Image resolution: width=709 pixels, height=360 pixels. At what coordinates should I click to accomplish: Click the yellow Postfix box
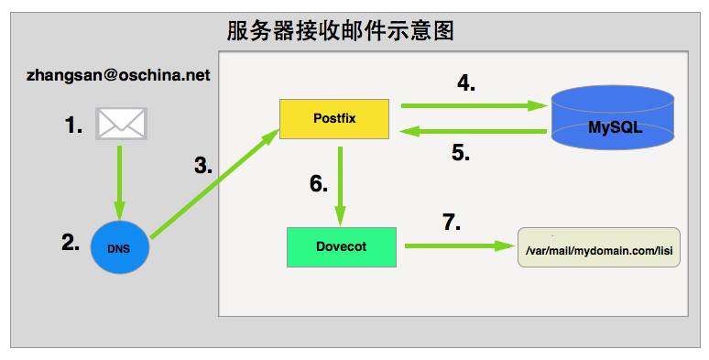(x=334, y=120)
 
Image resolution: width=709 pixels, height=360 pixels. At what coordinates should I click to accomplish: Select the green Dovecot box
(x=341, y=246)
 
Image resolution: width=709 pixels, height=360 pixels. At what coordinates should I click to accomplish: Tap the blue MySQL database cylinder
(x=614, y=119)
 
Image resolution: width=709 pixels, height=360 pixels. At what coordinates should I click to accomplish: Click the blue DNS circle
(x=120, y=248)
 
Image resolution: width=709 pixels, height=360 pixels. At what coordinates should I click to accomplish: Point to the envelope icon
(x=122, y=124)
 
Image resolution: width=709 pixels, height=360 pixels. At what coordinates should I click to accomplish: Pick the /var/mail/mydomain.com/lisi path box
(x=599, y=247)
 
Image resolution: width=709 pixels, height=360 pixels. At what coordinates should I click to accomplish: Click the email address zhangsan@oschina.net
(x=119, y=74)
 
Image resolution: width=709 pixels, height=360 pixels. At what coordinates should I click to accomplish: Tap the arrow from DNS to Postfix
(x=214, y=184)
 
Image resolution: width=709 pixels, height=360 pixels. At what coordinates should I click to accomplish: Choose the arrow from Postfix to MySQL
(x=467, y=105)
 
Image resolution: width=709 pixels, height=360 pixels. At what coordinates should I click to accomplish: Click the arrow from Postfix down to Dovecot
(x=341, y=183)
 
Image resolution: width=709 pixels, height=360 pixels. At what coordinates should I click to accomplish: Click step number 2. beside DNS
(x=71, y=243)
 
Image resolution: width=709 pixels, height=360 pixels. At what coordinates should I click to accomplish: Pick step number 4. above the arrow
(x=466, y=82)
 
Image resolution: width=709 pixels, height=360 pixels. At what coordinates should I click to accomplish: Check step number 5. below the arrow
(x=461, y=153)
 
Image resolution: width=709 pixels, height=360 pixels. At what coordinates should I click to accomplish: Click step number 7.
(x=451, y=223)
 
